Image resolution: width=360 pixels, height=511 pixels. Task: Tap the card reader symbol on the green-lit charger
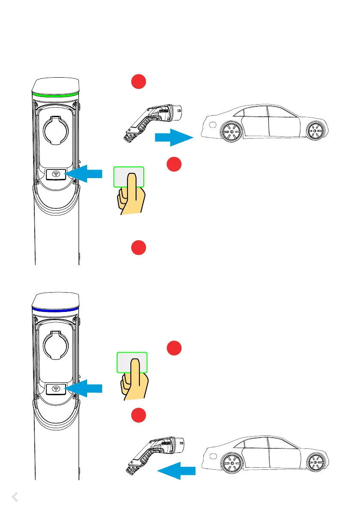pyautogui.click(x=56, y=174)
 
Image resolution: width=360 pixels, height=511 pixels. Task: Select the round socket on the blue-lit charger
pyautogui.click(x=56, y=342)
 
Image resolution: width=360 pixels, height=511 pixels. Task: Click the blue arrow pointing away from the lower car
pyautogui.click(x=176, y=472)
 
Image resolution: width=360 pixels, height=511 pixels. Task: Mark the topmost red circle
pyautogui.click(x=139, y=82)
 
